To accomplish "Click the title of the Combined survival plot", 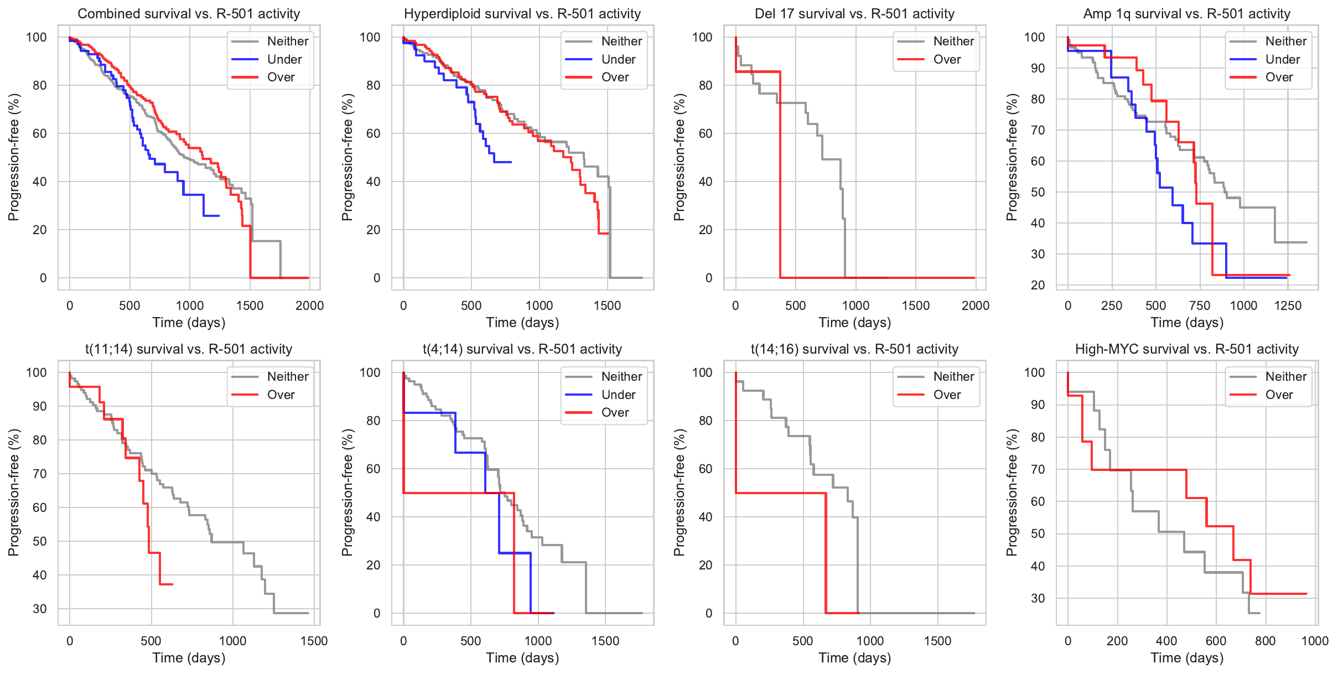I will tap(189, 14).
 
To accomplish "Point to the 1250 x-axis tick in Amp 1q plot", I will tap(1288, 305).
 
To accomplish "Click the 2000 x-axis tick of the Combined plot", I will tap(309, 305).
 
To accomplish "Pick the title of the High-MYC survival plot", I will tap(1186, 349).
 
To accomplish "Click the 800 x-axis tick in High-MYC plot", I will tap(1266, 641).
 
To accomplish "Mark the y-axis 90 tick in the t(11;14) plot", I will tap(40, 406).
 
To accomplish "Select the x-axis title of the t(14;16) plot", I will tap(854, 658).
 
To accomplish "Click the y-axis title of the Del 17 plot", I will tap(680, 157).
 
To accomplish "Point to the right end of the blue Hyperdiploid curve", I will tap(511, 162).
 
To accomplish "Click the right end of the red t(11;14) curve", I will tap(173, 584).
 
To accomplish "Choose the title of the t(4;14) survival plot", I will tap(522, 349).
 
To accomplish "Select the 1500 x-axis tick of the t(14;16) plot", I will tap(937, 641).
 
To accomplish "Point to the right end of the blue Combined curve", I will tap(219, 216).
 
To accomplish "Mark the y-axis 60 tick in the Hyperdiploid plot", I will tap(373, 133).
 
